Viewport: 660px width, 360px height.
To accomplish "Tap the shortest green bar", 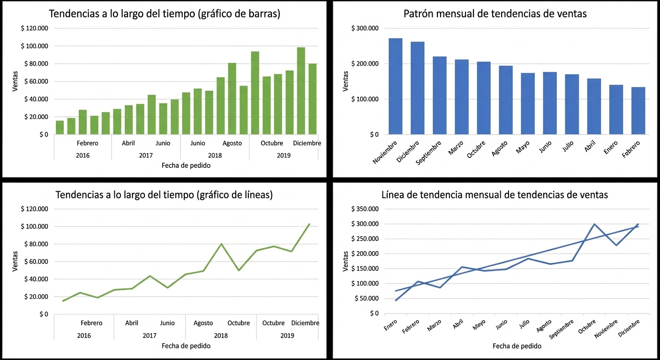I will click(x=60, y=127).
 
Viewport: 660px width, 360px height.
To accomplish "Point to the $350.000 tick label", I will click(x=364, y=209).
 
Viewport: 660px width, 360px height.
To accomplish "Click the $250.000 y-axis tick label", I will click(x=364, y=239).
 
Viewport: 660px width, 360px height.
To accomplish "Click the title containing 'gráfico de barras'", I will click(x=165, y=14).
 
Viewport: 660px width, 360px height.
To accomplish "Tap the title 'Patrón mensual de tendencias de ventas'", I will click(x=495, y=14).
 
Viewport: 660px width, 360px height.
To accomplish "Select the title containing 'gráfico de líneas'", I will click(x=164, y=195).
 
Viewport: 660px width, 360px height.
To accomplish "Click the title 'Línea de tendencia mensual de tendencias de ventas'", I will click(x=495, y=195).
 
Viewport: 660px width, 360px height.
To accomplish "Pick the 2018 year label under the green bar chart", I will click(x=215, y=155).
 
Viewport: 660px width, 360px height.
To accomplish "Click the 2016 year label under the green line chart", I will click(x=84, y=335).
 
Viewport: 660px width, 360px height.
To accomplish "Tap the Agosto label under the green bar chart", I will click(x=232, y=143).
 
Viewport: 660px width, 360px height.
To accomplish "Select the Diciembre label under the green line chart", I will click(x=305, y=323).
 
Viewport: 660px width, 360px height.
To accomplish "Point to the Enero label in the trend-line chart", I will click(x=390, y=325).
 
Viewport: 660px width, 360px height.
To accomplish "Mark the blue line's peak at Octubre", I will click(x=594, y=224).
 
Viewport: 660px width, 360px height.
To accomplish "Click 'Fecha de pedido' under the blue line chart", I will click(x=517, y=346).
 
